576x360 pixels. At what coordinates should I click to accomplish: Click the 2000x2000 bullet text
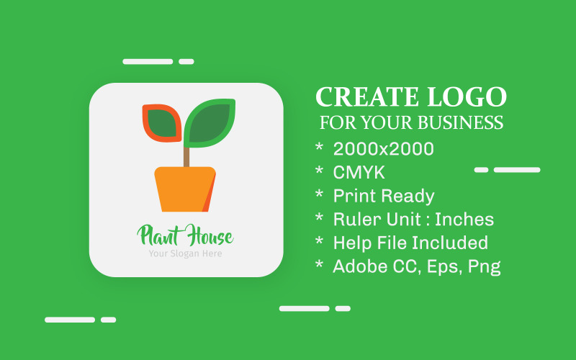(383, 149)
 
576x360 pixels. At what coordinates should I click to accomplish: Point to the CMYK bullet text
(359, 173)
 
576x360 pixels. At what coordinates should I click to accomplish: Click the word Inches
(464, 220)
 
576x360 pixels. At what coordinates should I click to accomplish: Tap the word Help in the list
(350, 243)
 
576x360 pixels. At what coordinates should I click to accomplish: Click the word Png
(484, 267)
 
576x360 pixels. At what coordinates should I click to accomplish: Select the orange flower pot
(185, 189)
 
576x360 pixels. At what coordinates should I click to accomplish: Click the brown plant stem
(186, 156)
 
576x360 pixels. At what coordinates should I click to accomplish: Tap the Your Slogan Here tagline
(185, 253)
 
